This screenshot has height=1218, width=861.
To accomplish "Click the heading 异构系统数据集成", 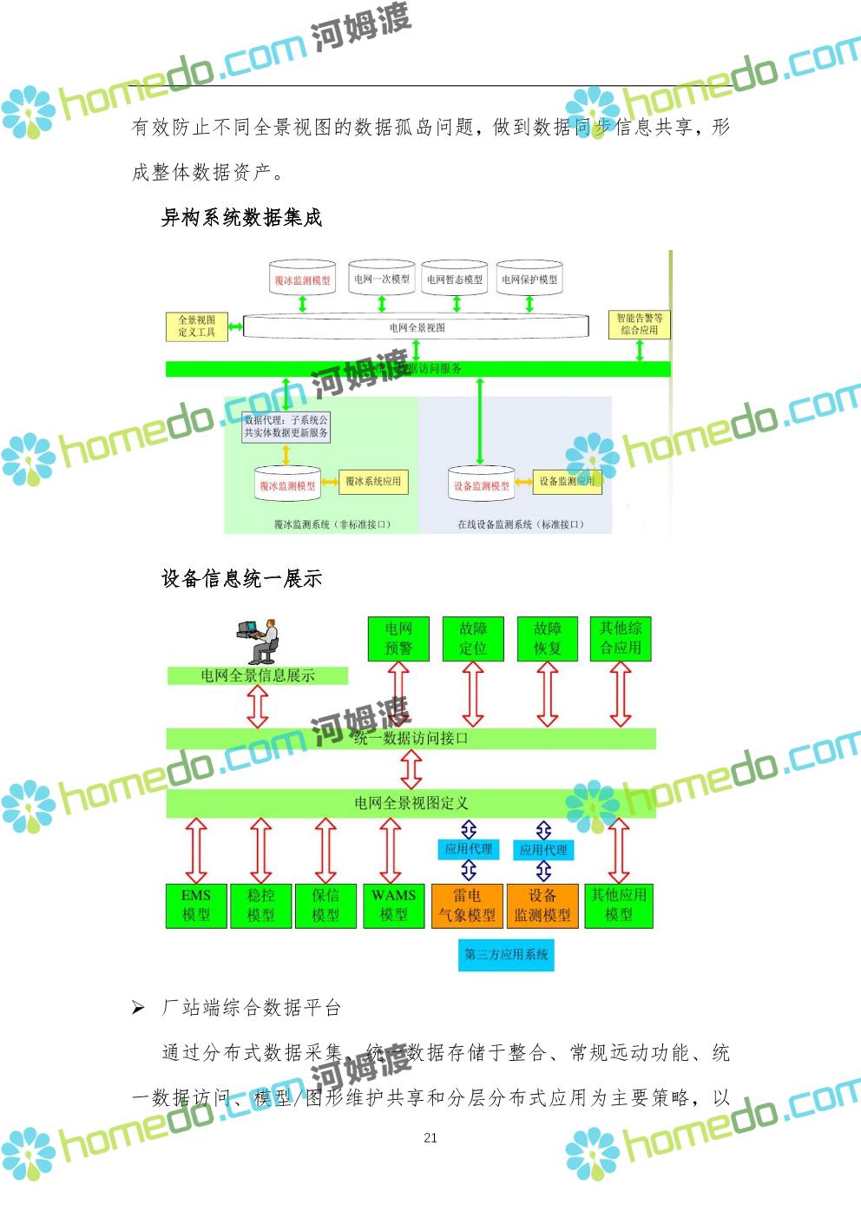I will tap(241, 218).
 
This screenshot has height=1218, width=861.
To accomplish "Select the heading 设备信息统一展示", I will tap(241, 578).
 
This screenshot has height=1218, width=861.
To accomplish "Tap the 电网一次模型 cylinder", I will tap(382, 279).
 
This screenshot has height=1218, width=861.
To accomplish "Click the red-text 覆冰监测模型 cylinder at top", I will tap(302, 280).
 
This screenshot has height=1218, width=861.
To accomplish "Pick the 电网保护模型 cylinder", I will tap(529, 279).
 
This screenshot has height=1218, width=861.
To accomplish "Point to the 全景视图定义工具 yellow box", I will tap(197, 326).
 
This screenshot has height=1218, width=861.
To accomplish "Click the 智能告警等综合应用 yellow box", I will tap(640, 324).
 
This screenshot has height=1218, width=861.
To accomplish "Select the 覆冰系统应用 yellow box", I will tap(373, 481).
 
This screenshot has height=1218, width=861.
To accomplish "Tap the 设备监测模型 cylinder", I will tap(481, 485).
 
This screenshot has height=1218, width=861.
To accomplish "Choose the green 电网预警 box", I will tap(398, 638).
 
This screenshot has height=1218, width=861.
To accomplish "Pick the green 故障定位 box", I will tap(473, 638).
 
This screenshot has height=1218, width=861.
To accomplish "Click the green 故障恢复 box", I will tap(547, 638).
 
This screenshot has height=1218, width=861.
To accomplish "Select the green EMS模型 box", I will tap(196, 905).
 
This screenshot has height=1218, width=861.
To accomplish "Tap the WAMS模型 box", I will tap(393, 905).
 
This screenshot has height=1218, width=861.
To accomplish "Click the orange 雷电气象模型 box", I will tap(467, 905).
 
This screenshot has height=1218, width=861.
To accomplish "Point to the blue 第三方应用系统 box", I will tap(506, 954).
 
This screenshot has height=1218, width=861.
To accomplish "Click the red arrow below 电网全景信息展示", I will tap(258, 706).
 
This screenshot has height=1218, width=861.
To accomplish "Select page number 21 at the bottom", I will tap(430, 1137).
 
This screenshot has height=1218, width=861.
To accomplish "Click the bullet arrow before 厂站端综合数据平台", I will tap(138, 1008).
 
